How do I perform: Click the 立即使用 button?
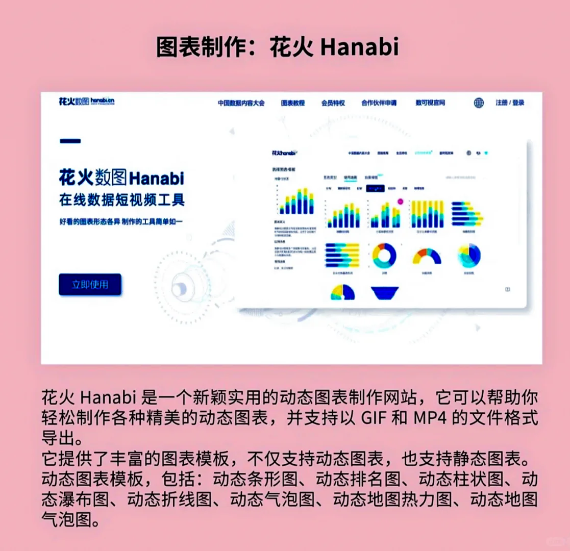pos(90,285)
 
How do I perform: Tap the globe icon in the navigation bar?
pos(479,103)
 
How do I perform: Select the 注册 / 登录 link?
pos(510,103)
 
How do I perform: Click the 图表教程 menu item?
pos(293,103)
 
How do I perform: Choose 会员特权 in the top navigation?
pos(333,103)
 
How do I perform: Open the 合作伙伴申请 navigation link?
pos(379,103)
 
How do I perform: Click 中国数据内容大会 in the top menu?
pos(241,103)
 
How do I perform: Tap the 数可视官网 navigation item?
pos(430,103)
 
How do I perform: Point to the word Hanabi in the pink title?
pos(360,47)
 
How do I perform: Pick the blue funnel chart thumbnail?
pos(385,292)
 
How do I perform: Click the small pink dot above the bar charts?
pos(400,202)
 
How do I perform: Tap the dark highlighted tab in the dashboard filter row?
pos(375,188)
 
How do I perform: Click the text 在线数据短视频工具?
pos(121,200)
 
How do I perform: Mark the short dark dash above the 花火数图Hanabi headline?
pos(70,140)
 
